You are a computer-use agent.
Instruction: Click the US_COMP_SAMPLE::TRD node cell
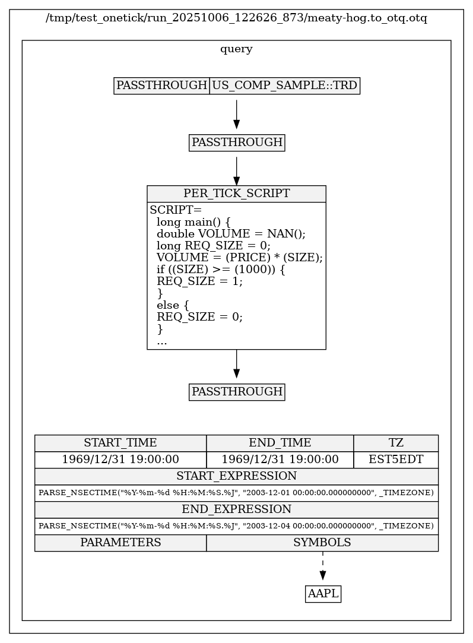285,85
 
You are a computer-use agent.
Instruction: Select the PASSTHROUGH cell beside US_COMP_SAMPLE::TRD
161,85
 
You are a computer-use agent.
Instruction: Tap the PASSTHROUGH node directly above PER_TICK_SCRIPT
237,142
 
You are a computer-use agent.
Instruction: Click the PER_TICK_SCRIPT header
237,194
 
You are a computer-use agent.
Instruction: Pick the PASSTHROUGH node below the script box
237,392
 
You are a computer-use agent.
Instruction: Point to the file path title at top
236,18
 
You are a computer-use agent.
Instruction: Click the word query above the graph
236,49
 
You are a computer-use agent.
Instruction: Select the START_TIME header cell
120,443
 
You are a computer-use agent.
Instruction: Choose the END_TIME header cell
280,443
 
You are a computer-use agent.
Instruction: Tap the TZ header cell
396,443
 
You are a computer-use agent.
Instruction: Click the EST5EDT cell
396,460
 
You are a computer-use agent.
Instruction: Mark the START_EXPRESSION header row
236,476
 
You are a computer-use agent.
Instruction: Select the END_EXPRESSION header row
236,509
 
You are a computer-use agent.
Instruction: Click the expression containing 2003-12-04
236,526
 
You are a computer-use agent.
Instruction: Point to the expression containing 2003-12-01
236,493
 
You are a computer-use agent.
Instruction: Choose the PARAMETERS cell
120,543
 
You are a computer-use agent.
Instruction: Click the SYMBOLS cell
322,543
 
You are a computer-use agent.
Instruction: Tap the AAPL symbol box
323,593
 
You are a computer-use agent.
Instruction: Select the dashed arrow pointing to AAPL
323,565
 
